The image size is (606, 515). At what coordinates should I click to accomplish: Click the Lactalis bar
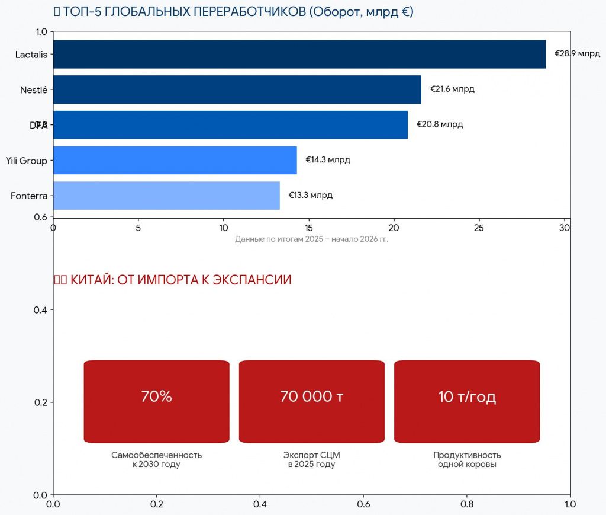point(299,55)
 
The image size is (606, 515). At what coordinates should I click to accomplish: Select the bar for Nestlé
point(237,89)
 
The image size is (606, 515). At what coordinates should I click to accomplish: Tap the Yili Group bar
point(175,160)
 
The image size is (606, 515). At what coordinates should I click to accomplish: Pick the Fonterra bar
point(166,196)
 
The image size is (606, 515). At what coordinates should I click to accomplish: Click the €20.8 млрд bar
point(230,125)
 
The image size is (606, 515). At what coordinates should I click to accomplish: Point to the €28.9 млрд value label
point(577,54)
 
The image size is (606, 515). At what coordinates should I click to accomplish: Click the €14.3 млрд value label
point(327,160)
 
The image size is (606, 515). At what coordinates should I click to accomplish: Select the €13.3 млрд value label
point(310,196)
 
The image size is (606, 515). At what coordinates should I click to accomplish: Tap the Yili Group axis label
point(26,161)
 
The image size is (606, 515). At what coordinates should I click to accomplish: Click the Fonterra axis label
point(29,196)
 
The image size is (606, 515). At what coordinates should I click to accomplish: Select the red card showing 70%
point(156,401)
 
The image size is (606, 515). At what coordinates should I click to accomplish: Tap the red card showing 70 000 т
point(311,401)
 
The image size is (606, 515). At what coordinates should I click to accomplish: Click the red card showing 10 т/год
point(467,401)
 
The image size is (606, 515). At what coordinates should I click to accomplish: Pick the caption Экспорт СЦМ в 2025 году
point(311,460)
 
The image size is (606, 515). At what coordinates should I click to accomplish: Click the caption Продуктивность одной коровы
point(467,460)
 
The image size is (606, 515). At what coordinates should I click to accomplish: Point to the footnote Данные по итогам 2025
point(311,239)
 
